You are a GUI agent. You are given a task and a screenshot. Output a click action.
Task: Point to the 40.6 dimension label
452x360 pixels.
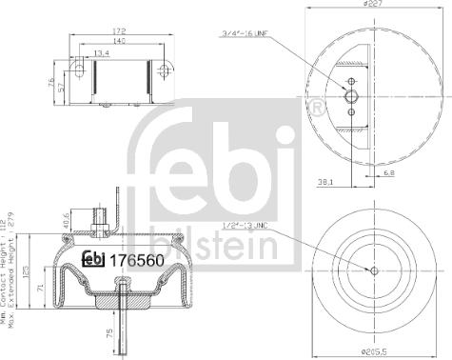coord(66,220)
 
